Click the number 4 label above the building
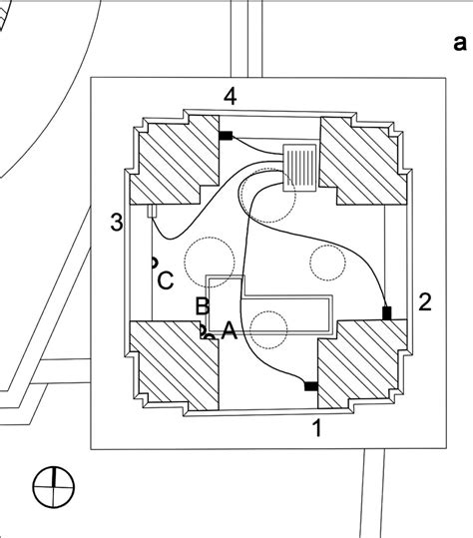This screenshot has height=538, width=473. click(231, 97)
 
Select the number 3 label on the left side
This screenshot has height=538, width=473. click(117, 222)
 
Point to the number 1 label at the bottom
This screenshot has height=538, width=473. click(317, 429)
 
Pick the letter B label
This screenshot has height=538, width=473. click(202, 306)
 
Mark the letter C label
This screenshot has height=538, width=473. click(167, 279)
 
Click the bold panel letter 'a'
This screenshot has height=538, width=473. click(459, 43)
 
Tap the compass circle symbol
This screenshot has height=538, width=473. click(53, 488)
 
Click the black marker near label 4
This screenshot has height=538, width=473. click(226, 136)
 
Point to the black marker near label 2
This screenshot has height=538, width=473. click(387, 314)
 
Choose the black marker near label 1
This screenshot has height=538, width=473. click(310, 385)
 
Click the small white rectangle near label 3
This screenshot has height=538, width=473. click(153, 211)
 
